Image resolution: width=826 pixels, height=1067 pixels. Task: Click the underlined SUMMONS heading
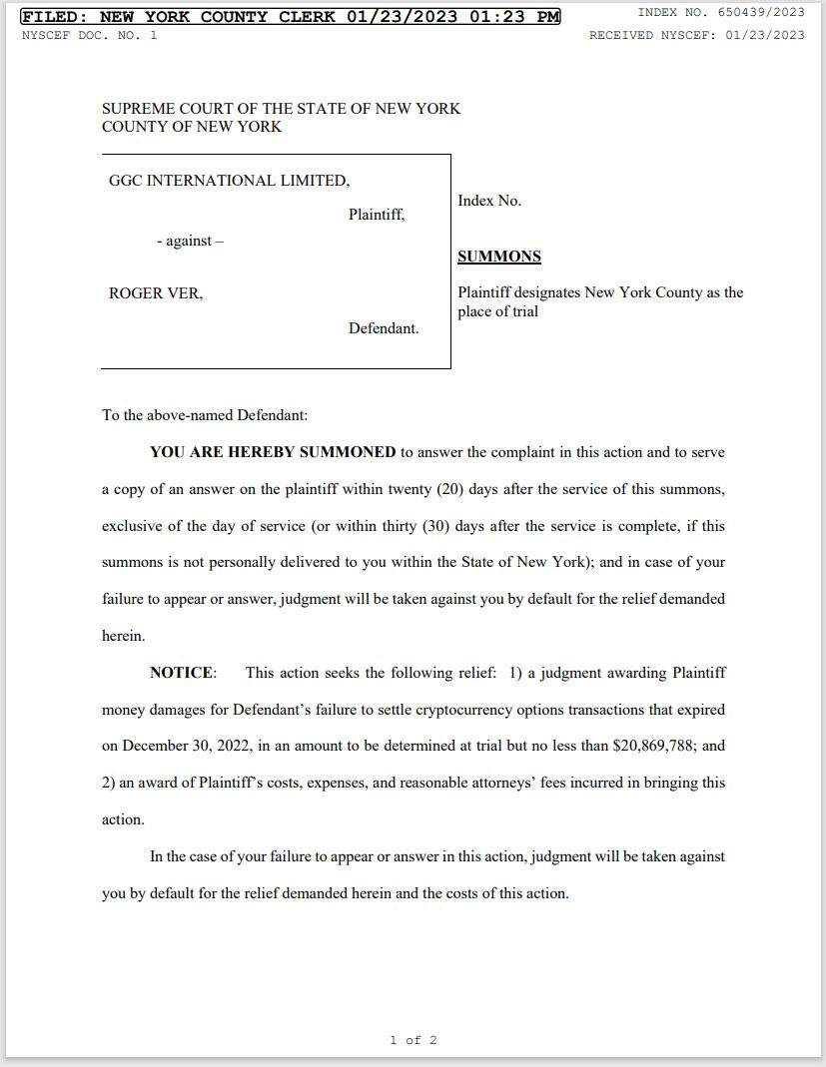tap(498, 257)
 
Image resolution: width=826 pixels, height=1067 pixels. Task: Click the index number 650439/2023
tap(760, 13)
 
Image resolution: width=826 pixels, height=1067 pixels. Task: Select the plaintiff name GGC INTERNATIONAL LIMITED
tap(229, 181)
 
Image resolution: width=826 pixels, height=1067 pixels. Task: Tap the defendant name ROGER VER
tap(155, 293)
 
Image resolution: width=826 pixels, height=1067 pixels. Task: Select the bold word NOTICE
tap(182, 673)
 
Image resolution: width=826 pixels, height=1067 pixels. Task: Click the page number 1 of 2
tap(413, 1040)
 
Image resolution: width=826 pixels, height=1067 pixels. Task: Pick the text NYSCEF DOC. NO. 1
tap(89, 35)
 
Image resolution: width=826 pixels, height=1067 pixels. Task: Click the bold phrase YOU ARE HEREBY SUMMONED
tap(273, 452)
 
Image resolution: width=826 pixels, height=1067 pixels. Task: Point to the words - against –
tap(190, 242)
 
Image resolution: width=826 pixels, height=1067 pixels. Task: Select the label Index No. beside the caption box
tap(489, 202)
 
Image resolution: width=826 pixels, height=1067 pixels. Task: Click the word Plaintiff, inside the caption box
tap(377, 215)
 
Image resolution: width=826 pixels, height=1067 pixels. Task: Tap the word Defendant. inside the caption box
tap(384, 329)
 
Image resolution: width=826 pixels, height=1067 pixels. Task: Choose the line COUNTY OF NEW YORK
tap(192, 127)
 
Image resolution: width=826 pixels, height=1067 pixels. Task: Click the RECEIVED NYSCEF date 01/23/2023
tap(766, 35)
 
